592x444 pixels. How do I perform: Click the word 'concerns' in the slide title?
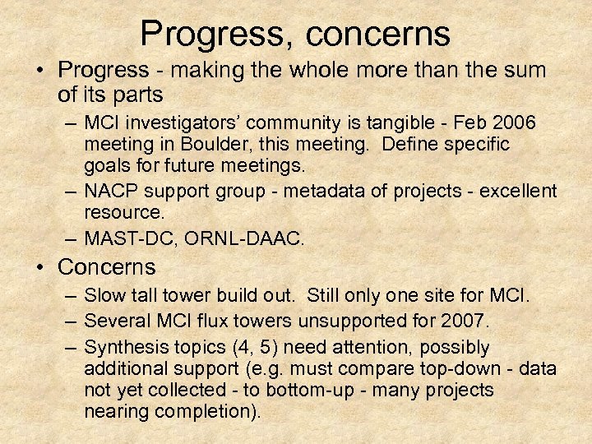coord(380,34)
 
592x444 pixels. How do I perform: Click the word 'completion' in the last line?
coord(196,411)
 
